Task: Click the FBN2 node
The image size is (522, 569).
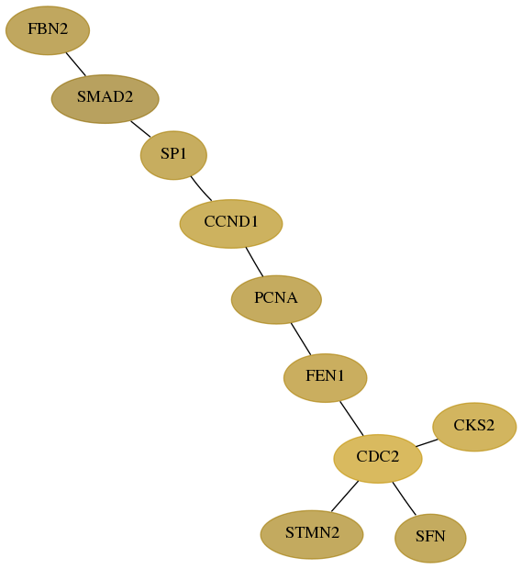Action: pyautogui.click(x=48, y=30)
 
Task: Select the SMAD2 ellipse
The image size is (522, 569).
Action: pyautogui.click(x=106, y=99)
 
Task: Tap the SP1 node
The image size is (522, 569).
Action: pyautogui.click(x=173, y=155)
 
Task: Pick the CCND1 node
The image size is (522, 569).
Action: pyautogui.click(x=231, y=224)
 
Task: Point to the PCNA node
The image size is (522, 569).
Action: pyautogui.click(x=276, y=299)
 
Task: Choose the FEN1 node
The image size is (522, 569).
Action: pyautogui.click(x=326, y=378)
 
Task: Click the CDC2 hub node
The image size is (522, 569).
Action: pyautogui.click(x=378, y=458)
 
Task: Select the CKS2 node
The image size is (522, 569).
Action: pyautogui.click(x=474, y=427)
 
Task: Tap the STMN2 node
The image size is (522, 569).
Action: pyautogui.click(x=312, y=534)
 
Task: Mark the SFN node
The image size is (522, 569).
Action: pyautogui.click(x=430, y=538)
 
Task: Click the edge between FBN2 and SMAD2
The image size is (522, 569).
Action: pyautogui.click(x=76, y=64)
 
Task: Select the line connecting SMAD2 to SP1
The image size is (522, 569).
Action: pyautogui.click(x=140, y=128)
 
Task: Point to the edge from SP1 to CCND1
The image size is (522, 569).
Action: pyautogui.click(x=201, y=188)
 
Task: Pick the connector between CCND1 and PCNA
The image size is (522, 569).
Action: pyautogui.click(x=254, y=262)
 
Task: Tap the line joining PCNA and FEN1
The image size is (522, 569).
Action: pyautogui.click(x=301, y=339)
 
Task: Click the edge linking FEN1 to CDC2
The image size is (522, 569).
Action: pyautogui.click(x=351, y=418)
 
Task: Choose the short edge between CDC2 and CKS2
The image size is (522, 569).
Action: pyautogui.click(x=427, y=442)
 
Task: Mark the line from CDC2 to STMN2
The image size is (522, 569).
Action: pyautogui.click(x=345, y=496)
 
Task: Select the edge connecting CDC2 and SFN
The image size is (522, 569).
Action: pyautogui.click(x=404, y=498)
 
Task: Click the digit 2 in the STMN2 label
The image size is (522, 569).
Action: pyautogui.click(x=335, y=532)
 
